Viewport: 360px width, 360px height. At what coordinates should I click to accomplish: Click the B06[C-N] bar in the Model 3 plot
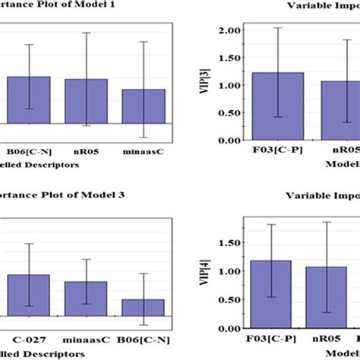pos(144,307)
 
